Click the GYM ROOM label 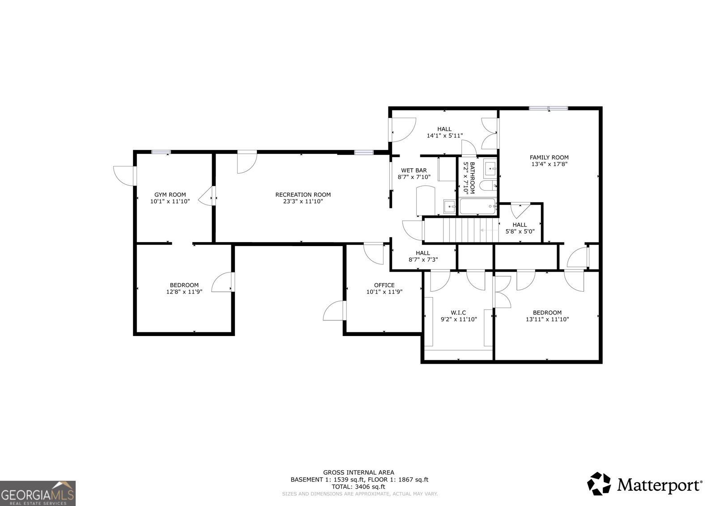tap(170, 195)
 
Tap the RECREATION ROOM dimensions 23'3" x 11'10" tap(303, 202)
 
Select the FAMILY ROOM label tap(549, 157)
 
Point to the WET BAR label tap(413, 170)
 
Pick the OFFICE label tap(384, 285)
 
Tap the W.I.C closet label tap(459, 313)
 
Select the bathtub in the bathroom tap(478, 207)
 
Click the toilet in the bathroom tap(487, 185)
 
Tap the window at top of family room tap(549, 108)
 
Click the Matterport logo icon tap(599, 484)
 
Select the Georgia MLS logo tap(38, 493)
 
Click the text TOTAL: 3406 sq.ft tap(358, 486)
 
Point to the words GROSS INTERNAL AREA tap(358, 472)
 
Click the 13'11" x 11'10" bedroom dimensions tap(547, 319)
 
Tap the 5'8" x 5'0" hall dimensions tap(520, 232)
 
